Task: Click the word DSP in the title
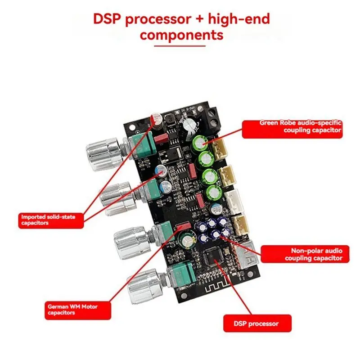click(108, 19)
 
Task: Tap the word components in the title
click(181, 35)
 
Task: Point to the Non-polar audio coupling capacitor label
click(304, 254)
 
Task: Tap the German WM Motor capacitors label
click(72, 309)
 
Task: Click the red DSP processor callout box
click(257, 324)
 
